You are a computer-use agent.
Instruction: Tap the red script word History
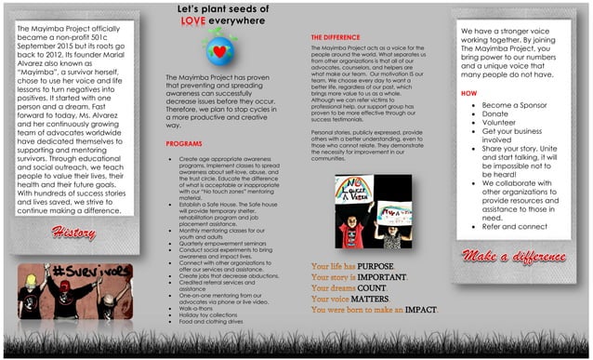[73, 232]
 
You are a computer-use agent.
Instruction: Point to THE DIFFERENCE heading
[336, 36]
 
